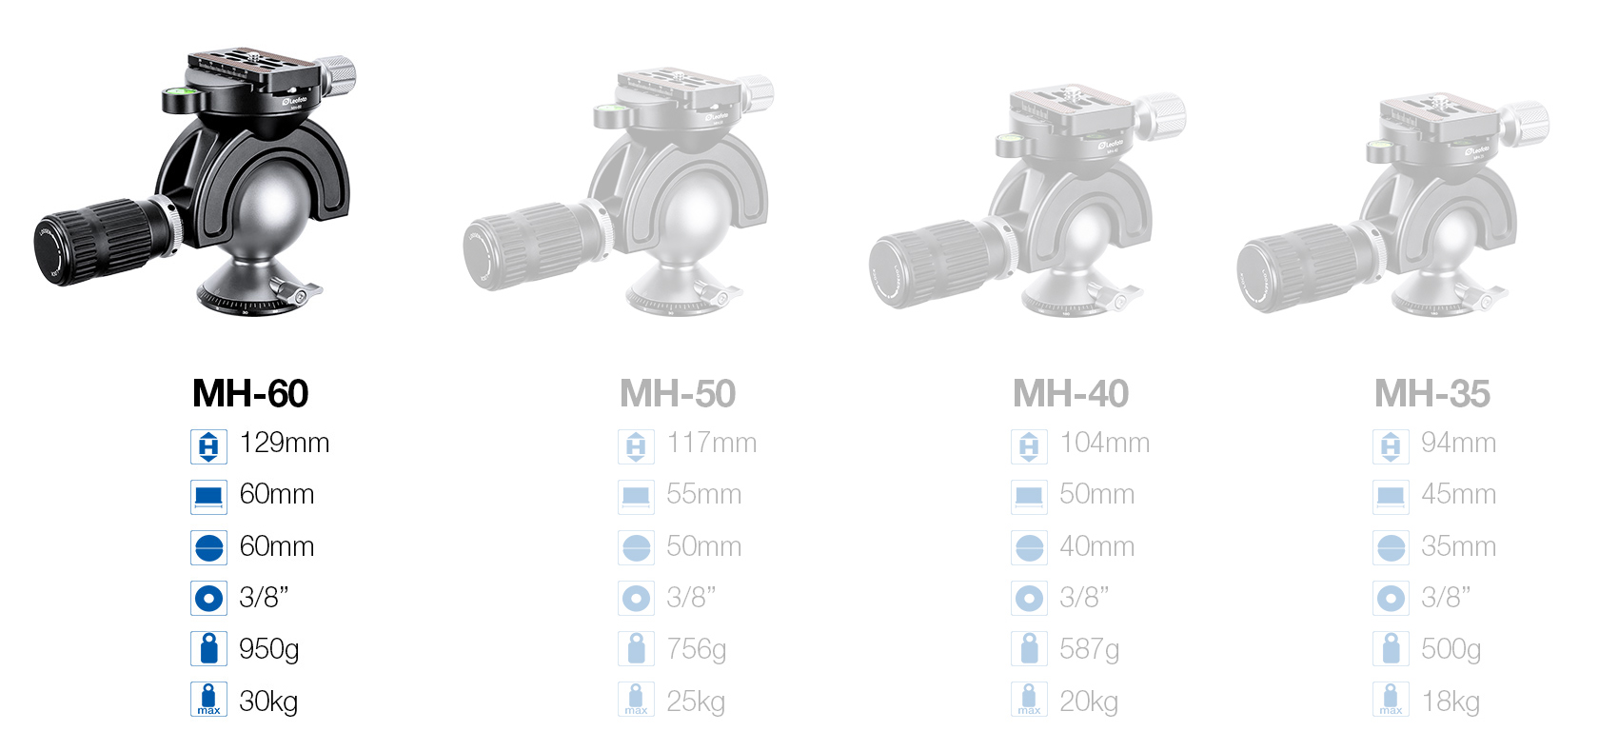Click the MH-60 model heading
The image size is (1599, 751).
[250, 393]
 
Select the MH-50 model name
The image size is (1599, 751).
[678, 393]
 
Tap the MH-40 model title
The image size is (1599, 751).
[1071, 393]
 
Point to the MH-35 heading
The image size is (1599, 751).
[1432, 393]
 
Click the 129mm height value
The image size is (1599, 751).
[284, 444]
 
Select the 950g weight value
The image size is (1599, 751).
[269, 649]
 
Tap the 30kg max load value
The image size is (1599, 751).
[268, 702]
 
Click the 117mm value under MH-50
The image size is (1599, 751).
[712, 444]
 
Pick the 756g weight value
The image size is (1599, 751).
[697, 649]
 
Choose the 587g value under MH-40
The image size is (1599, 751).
[1089, 649]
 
